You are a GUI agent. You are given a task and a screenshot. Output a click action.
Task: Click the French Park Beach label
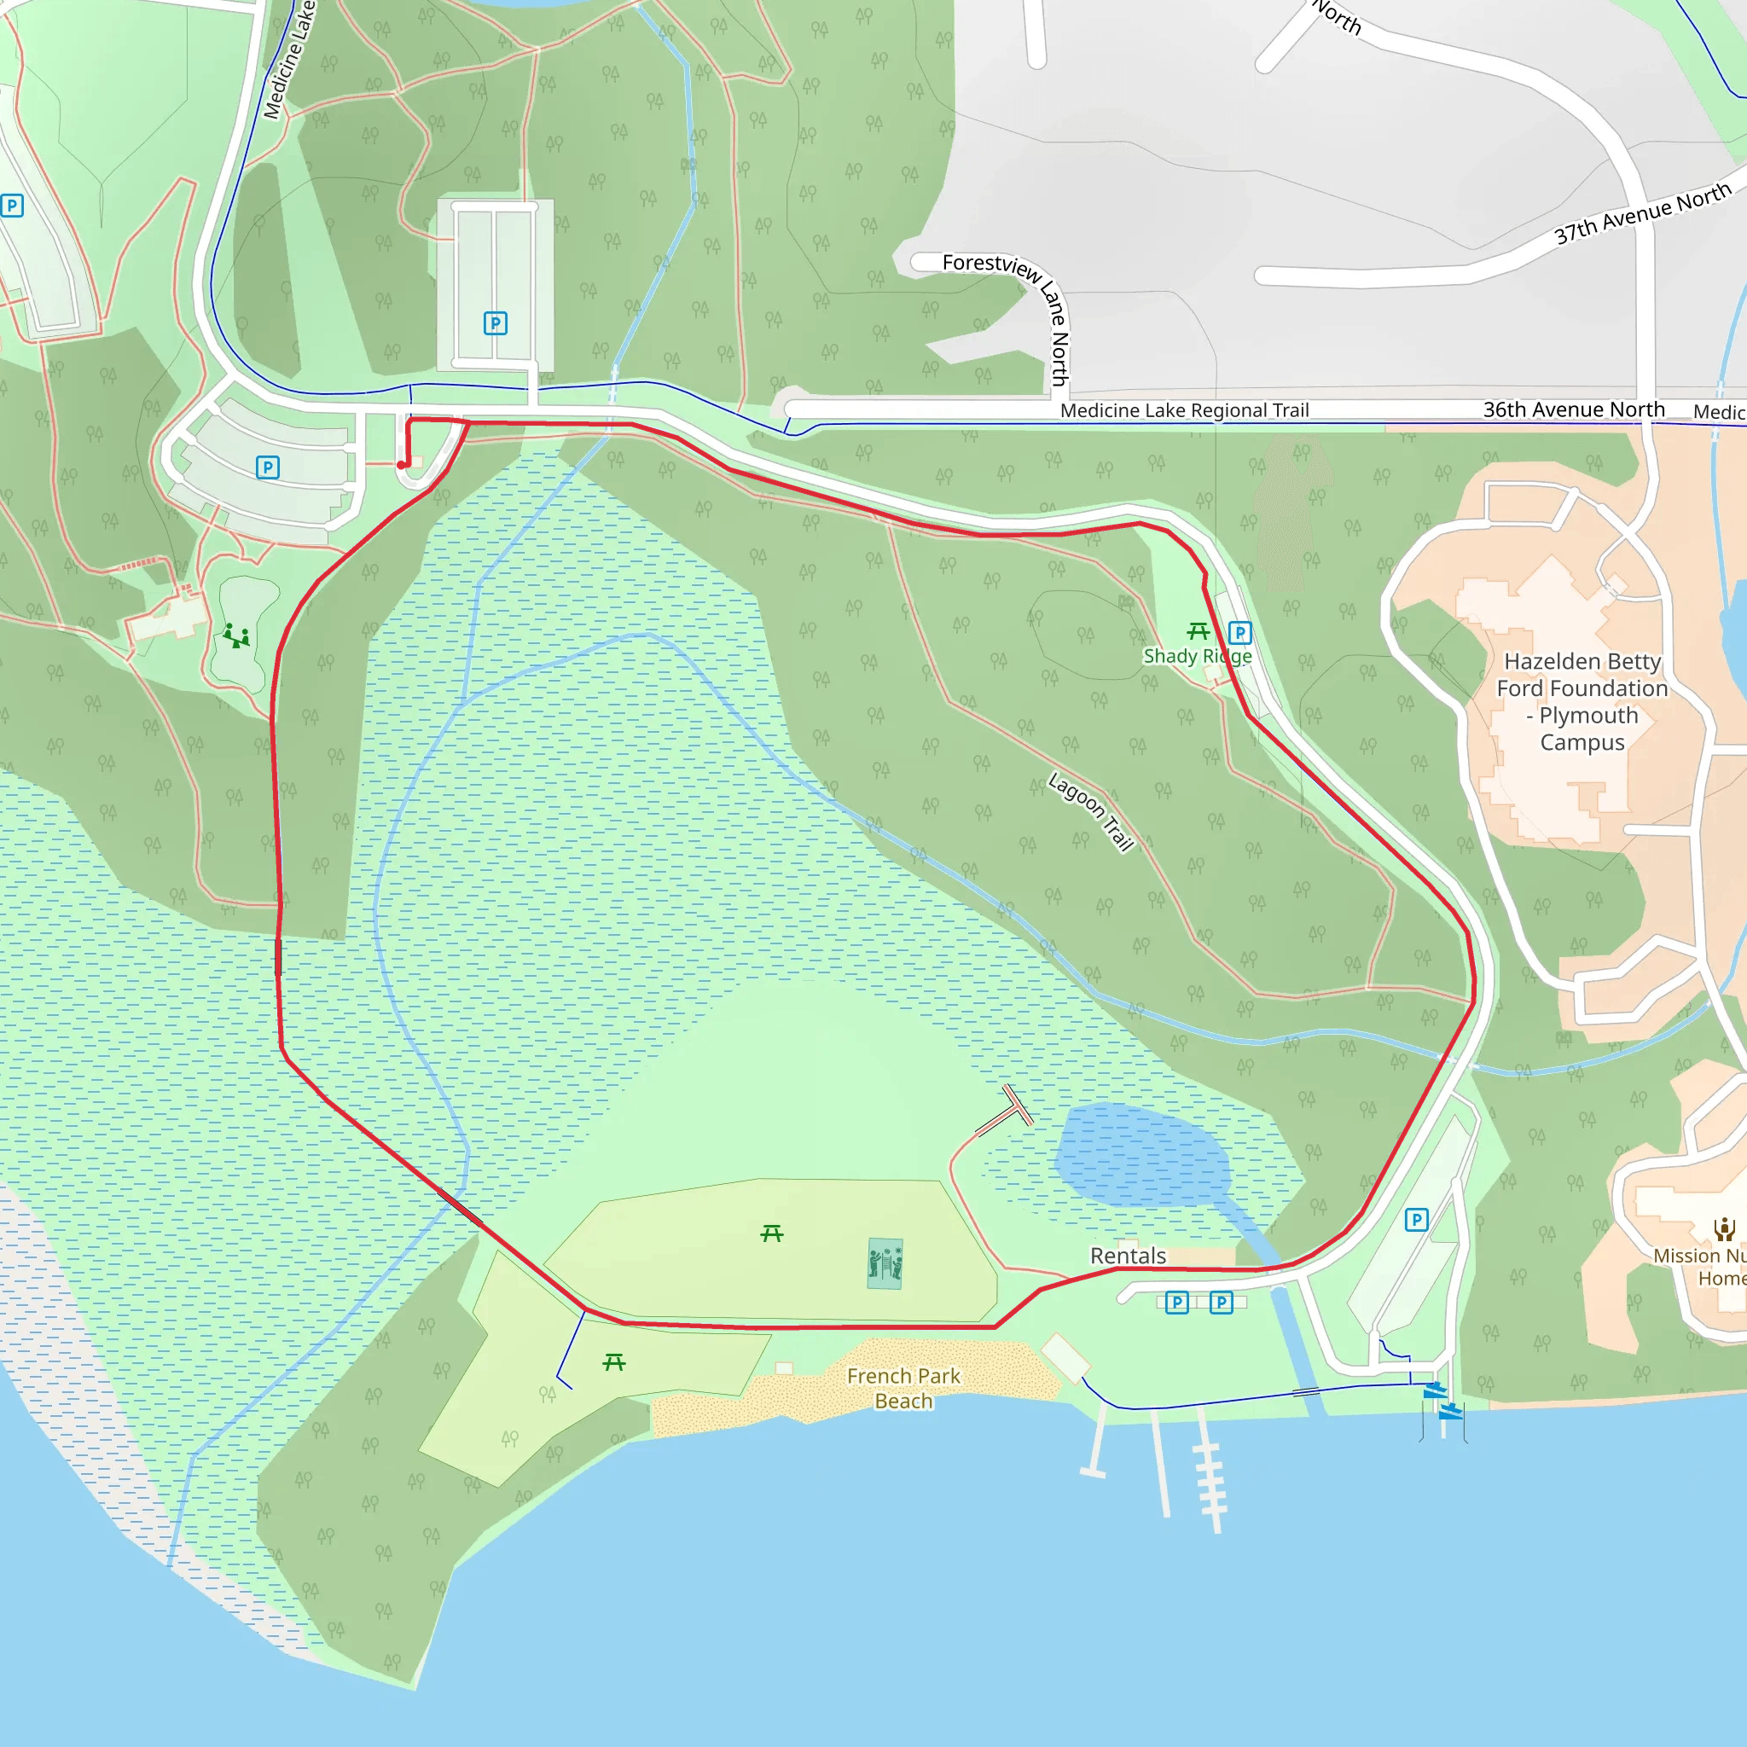click(903, 1388)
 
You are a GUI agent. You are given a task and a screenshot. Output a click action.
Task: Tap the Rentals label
click(1128, 1256)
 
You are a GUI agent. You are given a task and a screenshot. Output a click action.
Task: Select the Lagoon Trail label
click(1090, 811)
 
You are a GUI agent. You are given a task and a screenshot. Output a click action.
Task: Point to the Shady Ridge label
click(1197, 656)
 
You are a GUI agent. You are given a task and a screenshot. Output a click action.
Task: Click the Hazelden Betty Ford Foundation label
click(1582, 702)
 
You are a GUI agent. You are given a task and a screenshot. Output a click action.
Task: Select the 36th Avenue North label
click(1573, 409)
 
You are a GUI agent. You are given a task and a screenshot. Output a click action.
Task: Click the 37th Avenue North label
click(1642, 213)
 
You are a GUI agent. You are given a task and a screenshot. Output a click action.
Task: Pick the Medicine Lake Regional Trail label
click(1184, 410)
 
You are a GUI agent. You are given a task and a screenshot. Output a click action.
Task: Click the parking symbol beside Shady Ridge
click(1239, 633)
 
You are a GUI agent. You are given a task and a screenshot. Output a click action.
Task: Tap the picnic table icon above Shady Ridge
click(1199, 630)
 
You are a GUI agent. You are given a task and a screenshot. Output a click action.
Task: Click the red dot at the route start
click(402, 465)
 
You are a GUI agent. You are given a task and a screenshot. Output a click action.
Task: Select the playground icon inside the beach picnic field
click(885, 1263)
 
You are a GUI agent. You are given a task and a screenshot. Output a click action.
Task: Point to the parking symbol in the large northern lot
click(496, 322)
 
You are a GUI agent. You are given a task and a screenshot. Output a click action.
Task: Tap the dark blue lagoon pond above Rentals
click(1141, 1155)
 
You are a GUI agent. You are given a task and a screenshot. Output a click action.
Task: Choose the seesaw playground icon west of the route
click(237, 636)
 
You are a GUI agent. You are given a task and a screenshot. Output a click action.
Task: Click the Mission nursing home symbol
click(1723, 1228)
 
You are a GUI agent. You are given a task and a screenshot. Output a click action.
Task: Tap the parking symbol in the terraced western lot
click(268, 467)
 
